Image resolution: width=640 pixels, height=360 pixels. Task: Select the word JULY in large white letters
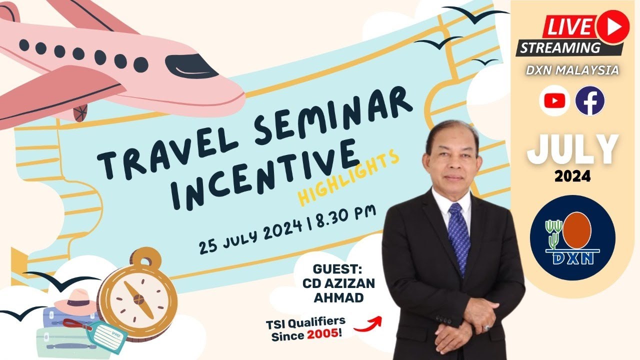[572, 149]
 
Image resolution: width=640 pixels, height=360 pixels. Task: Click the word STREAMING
[560, 48]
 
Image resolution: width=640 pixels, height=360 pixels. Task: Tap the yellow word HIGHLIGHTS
[349, 178]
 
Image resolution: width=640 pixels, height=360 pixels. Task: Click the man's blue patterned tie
[458, 235]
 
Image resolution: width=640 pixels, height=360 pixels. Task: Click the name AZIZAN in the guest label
[352, 283]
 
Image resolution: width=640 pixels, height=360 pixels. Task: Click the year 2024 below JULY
[572, 176]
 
